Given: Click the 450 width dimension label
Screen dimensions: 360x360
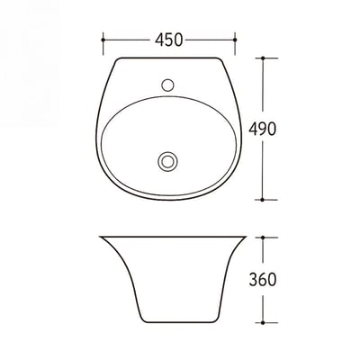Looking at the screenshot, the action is click(169, 40).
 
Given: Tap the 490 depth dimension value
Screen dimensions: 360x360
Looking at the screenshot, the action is click(262, 129).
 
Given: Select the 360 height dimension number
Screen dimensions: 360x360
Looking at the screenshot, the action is click(263, 279).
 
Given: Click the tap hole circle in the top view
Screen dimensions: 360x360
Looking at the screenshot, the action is click(167, 85).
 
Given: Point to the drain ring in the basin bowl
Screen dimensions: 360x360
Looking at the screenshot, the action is click(167, 161).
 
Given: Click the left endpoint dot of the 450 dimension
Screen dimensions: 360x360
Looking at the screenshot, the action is click(103, 40).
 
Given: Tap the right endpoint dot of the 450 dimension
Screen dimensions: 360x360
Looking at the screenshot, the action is click(235, 40).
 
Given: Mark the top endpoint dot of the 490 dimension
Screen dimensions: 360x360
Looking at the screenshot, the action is click(263, 58).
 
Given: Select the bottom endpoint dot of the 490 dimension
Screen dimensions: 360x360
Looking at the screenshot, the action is click(263, 200).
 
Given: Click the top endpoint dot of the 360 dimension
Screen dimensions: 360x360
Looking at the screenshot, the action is click(263, 237).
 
